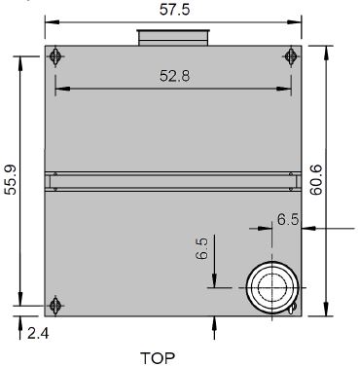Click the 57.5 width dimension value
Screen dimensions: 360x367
pyautogui.click(x=174, y=10)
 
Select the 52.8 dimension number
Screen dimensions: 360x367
pyautogui.click(x=174, y=76)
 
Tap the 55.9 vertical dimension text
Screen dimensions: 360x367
pyautogui.click(x=12, y=180)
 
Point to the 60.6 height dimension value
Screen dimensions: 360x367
pyautogui.click(x=315, y=180)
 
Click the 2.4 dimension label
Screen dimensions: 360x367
pyautogui.click(x=38, y=333)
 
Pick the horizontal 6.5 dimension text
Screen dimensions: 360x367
pyautogui.click(x=288, y=220)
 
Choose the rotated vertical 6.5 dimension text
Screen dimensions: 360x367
pyautogui.click(x=202, y=248)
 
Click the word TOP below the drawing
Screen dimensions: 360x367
pyautogui.click(x=158, y=358)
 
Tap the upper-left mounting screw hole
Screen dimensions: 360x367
pyautogui.click(x=55, y=56)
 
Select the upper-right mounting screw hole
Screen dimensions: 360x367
pyautogui.click(x=291, y=56)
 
